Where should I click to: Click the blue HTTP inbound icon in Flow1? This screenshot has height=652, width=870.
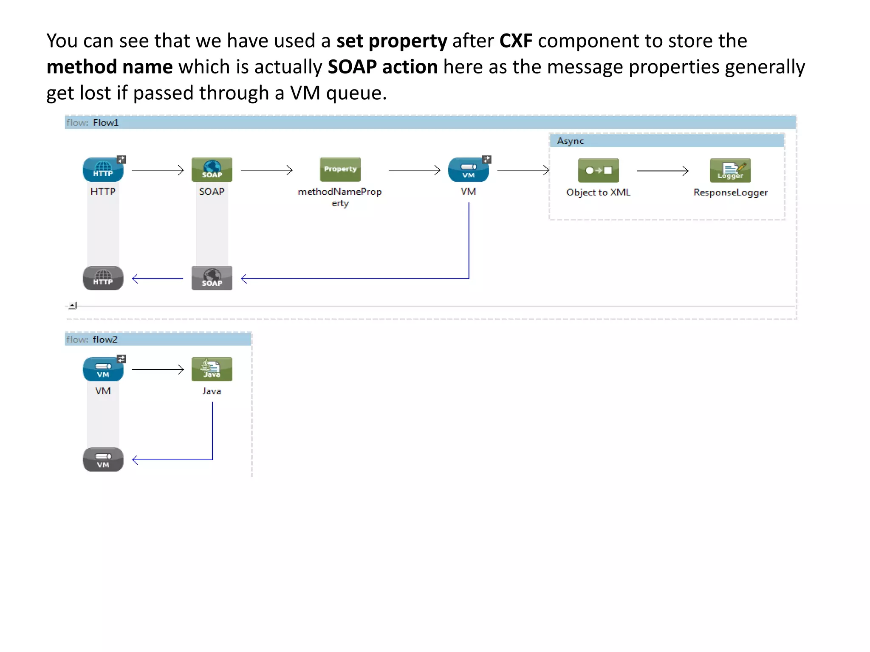coord(103,169)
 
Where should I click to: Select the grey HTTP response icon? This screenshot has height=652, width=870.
coord(103,278)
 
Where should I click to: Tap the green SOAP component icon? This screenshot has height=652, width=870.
coord(212,169)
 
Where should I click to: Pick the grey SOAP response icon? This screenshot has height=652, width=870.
coord(212,278)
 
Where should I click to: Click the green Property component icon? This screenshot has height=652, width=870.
coord(340,169)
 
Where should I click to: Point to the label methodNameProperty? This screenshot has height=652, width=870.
coord(340,197)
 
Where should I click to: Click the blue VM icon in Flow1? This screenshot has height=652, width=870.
coord(468,170)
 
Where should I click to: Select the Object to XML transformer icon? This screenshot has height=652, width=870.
coord(598,170)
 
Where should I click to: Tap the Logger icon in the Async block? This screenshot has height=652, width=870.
coord(730,170)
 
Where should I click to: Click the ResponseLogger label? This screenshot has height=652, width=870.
coord(730,192)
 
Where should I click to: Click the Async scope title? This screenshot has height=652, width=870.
coord(570,141)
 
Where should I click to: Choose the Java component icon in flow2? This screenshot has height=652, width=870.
coord(212,369)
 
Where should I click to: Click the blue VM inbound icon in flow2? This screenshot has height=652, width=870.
coord(103,369)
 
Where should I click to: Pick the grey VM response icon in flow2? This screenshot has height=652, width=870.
coord(103,460)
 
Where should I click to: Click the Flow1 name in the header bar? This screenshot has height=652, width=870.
coord(105,123)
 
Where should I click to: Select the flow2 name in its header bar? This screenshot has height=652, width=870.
coord(105,339)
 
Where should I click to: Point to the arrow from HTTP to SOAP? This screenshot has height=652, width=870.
coord(158,170)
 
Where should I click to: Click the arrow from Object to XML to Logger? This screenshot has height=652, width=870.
coord(662,171)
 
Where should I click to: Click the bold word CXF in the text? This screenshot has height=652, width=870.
coord(515,41)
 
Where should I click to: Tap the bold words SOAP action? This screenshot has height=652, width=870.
coord(382,67)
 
